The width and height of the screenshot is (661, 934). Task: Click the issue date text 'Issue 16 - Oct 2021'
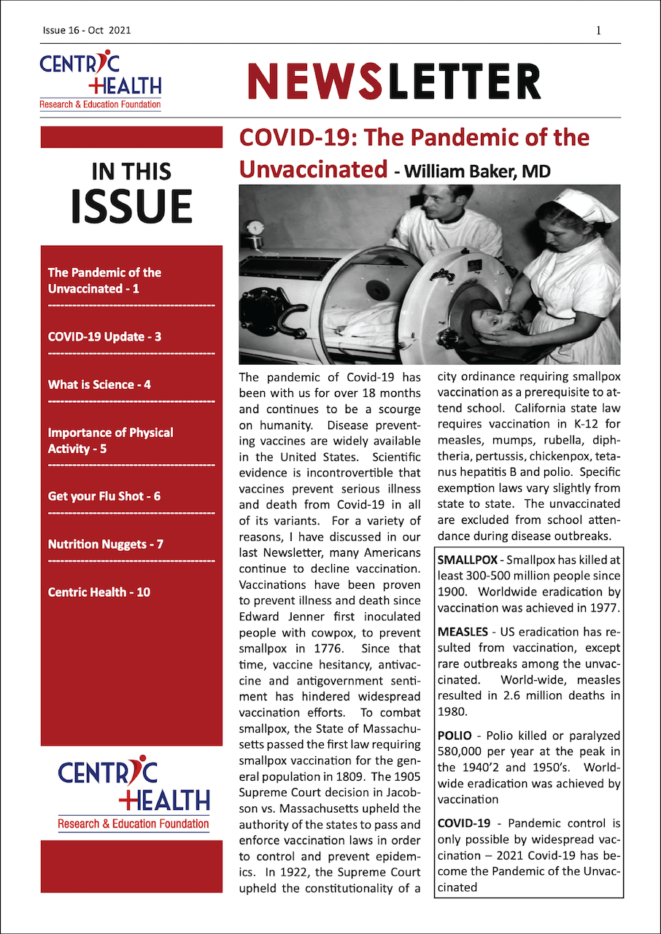(x=86, y=31)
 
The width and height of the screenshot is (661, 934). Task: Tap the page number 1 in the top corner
(x=598, y=31)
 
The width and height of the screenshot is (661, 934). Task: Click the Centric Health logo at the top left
(x=101, y=80)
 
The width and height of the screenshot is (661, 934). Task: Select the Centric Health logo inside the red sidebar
(x=134, y=795)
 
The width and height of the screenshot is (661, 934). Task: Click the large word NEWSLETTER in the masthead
(x=395, y=81)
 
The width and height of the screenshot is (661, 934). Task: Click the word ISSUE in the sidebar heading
(x=131, y=207)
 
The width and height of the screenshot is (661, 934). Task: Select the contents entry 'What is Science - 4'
(x=99, y=385)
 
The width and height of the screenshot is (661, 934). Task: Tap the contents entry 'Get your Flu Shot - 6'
(x=104, y=496)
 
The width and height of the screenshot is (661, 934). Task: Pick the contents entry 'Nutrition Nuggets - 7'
(x=105, y=544)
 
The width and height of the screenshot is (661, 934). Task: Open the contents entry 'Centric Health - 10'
(x=99, y=592)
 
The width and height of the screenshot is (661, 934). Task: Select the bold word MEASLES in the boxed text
(x=463, y=632)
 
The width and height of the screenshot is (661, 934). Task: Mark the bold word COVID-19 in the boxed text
(x=463, y=824)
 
